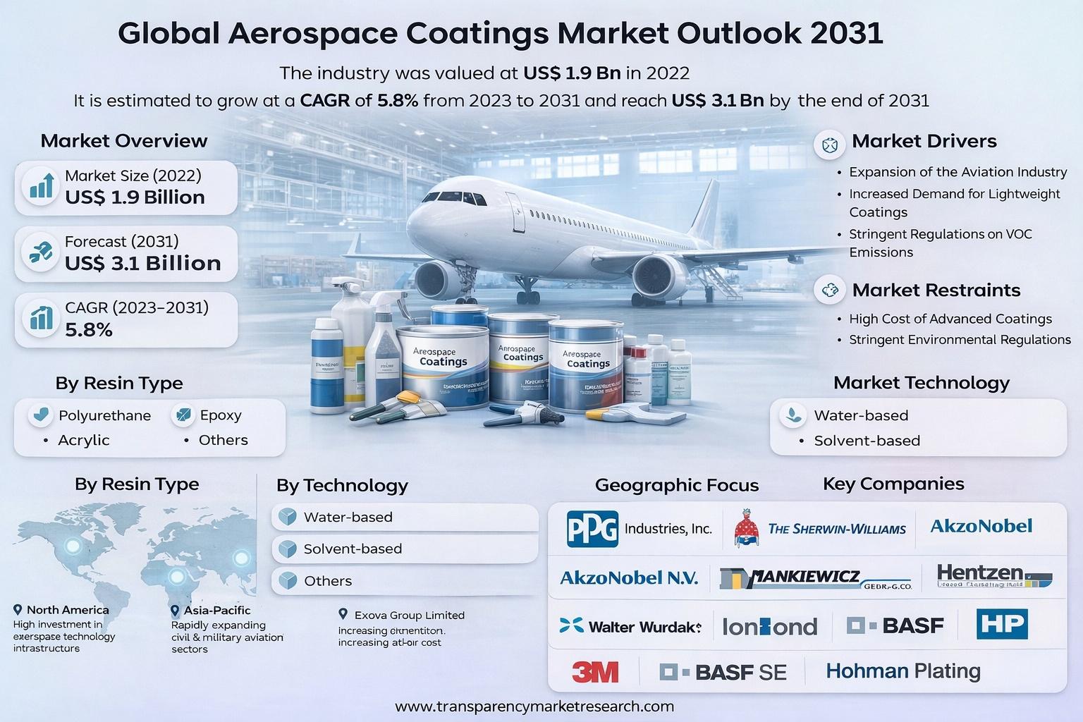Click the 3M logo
click(x=595, y=672)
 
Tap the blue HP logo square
click(x=1002, y=625)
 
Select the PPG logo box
click(x=592, y=529)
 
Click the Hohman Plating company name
click(x=902, y=671)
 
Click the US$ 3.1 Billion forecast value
click(x=142, y=263)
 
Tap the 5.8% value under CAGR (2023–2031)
click(x=89, y=329)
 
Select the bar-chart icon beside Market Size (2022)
click(x=40, y=185)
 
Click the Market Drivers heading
click(x=924, y=141)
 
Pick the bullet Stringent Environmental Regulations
click(x=959, y=340)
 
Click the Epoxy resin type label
click(x=220, y=415)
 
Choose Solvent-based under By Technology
click(x=353, y=549)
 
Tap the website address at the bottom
click(x=534, y=706)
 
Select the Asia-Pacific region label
click(x=216, y=610)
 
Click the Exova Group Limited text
click(x=409, y=615)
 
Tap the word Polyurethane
click(x=104, y=415)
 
